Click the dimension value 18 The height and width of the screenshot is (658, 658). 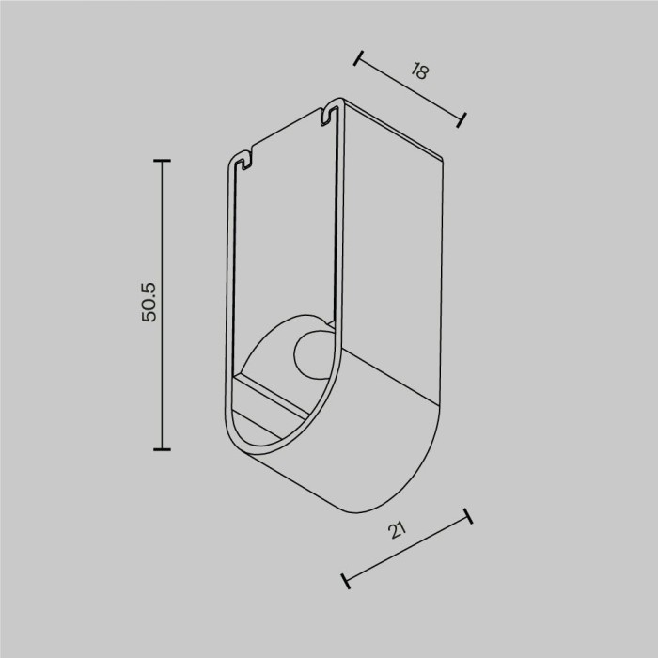click(x=418, y=72)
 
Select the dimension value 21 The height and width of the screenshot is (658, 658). click(x=399, y=531)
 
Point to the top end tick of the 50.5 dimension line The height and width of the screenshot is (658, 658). click(x=163, y=161)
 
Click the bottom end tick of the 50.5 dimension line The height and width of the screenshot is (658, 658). click(x=163, y=449)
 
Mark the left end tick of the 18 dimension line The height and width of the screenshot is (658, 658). click(x=358, y=58)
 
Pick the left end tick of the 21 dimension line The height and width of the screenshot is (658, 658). click(x=347, y=580)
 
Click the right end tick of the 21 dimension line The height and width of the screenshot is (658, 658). click(x=467, y=518)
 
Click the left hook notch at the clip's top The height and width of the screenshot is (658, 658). click(x=243, y=160)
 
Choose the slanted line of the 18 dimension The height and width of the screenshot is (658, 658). click(x=410, y=88)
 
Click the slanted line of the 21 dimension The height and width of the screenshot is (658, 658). click(x=407, y=549)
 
